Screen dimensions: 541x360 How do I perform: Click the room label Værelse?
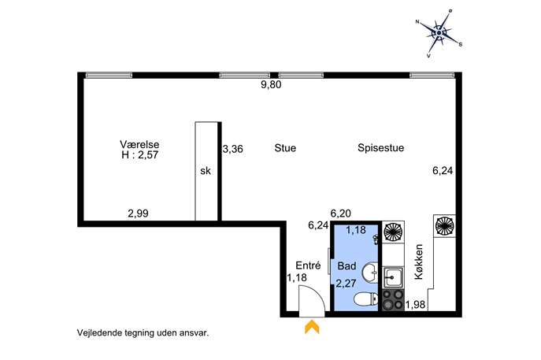139,144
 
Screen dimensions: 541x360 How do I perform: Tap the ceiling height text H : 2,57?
139,155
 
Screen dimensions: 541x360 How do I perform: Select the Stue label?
285,148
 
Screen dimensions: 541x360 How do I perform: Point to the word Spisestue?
381,148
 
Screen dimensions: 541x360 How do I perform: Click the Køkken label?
418,262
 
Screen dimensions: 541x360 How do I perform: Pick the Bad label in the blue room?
346,266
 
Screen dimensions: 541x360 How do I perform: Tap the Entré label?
308,265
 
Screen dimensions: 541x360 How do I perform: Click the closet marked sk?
206,171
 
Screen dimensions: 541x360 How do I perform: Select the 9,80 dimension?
271,84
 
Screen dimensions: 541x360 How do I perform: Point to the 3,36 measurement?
233,149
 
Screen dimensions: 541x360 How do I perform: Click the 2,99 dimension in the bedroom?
138,213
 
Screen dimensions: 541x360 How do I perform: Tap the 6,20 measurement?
340,213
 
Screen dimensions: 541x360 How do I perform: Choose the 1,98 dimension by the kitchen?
415,305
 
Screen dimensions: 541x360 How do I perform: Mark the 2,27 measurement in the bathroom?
346,284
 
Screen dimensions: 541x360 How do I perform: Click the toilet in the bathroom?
366,299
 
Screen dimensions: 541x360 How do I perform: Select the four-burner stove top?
393,299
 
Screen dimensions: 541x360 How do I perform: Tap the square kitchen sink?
393,276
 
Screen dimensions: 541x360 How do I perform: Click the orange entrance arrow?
312,327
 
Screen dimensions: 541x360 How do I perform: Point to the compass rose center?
439,33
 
